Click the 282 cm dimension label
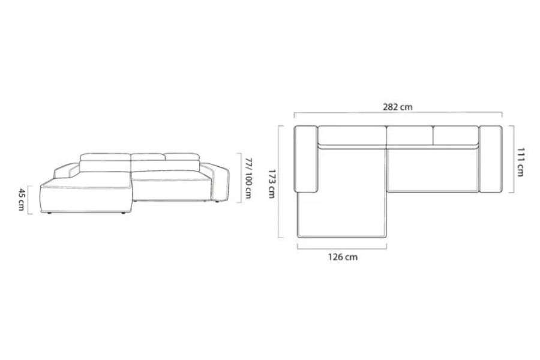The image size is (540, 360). pos(397,107)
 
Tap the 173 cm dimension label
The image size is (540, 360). pos(271,184)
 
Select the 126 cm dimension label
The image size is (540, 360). pos(343,257)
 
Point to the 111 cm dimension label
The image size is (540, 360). pos(520,162)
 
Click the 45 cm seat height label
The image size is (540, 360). pos(22,200)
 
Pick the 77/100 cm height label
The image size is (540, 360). pos(248,178)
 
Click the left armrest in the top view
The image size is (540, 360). pos(306,158)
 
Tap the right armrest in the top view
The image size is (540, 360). pos(490,159)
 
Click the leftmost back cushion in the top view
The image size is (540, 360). pos(352,136)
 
